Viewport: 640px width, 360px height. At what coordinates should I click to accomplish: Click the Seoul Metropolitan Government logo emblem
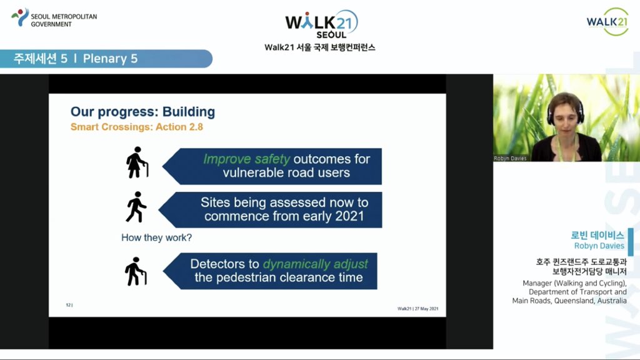click(20, 17)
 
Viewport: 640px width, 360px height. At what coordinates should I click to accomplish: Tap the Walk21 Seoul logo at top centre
click(321, 24)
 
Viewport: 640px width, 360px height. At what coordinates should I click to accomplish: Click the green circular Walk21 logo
click(607, 22)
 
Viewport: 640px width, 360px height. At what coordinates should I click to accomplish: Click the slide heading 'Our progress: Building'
click(142, 112)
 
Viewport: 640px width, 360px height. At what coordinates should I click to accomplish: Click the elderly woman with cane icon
click(137, 162)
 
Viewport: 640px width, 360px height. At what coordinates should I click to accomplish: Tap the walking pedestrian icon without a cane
click(136, 207)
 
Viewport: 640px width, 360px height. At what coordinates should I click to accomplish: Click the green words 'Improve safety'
click(246, 159)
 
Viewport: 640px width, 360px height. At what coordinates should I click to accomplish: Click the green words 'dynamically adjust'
click(315, 264)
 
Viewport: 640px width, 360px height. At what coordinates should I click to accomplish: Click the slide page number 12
click(69, 305)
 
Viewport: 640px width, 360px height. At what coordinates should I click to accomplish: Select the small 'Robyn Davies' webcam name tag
click(510, 158)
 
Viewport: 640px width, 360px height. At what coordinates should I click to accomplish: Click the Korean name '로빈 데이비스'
click(597, 235)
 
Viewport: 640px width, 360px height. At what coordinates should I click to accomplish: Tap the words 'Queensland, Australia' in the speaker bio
click(591, 301)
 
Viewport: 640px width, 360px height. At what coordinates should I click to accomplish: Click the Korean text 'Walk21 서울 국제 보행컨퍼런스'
click(320, 47)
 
